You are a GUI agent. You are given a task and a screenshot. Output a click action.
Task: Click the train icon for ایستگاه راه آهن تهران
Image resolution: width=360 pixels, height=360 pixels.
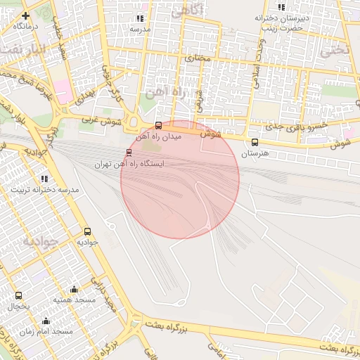(x=128, y=153)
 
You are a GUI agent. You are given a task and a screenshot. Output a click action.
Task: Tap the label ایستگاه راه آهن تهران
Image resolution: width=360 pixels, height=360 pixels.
(x=129, y=163)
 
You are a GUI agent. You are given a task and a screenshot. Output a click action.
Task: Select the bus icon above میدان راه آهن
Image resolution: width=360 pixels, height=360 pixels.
(x=158, y=126)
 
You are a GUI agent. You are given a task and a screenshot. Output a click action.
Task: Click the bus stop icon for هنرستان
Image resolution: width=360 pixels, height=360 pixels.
(x=255, y=142)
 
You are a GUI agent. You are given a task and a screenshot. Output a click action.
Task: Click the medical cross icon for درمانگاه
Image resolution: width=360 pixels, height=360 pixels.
(x=25, y=15)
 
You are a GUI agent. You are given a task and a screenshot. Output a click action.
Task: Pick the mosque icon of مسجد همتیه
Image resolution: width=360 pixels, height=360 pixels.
(x=74, y=289)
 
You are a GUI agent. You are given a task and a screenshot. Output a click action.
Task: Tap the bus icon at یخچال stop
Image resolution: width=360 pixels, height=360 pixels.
(x=18, y=296)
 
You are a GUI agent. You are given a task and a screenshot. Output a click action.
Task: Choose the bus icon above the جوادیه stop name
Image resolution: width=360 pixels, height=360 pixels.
(x=88, y=231)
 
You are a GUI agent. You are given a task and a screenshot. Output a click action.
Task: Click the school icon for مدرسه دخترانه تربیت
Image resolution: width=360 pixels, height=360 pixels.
(x=45, y=179)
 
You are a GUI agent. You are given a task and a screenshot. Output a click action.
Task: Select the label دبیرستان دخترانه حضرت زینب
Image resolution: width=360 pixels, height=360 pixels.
(x=279, y=22)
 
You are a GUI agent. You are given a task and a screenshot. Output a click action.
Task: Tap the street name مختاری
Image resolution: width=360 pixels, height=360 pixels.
(x=202, y=58)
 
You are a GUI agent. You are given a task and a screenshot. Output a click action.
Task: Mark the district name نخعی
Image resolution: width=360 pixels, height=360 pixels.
(x=335, y=51)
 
